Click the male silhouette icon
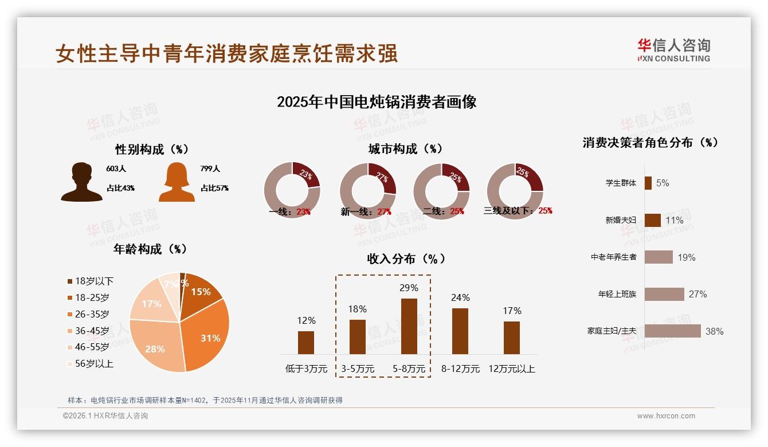click(81, 182)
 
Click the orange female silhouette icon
click(177, 182)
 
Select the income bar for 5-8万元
click(409, 326)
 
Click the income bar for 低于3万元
click(306, 342)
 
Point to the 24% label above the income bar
click(460, 297)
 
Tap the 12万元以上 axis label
click(511, 369)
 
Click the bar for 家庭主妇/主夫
click(672, 331)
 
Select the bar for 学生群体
click(648, 183)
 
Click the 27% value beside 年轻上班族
click(698, 294)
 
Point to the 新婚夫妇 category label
click(621, 220)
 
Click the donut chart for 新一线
click(367, 190)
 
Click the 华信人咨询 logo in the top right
click(673, 50)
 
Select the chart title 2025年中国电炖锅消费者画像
click(377, 102)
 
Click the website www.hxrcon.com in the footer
click(666, 416)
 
